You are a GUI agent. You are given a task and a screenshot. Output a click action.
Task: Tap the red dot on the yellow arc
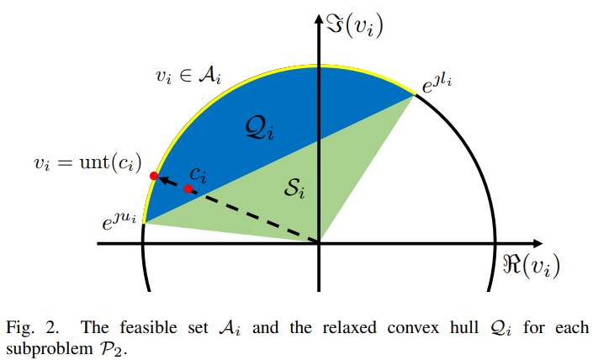tap(154, 175)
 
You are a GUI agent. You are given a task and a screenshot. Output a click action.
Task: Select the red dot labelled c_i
tap(188, 188)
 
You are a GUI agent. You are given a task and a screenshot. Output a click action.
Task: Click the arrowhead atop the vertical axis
tap(319, 19)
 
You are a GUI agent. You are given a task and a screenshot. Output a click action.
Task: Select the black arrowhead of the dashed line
tap(165, 178)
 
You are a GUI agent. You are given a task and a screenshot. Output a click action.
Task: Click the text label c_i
tap(198, 174)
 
